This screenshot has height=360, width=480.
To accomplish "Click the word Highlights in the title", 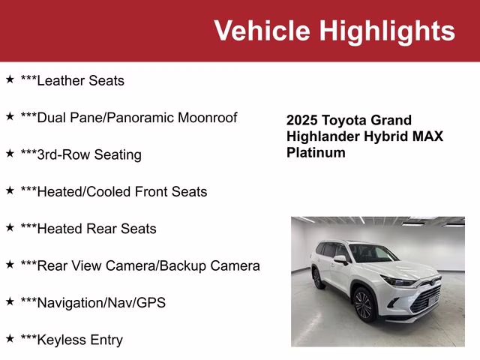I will [387, 31].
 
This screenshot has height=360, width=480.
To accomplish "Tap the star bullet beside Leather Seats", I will [10, 79].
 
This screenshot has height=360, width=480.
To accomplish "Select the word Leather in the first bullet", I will [61, 80].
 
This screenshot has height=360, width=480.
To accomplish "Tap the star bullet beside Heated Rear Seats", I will [10, 227].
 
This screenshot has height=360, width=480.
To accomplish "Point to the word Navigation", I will [72, 303].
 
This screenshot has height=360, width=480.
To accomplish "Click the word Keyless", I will [62, 340].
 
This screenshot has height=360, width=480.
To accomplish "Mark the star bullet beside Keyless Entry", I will [10, 338].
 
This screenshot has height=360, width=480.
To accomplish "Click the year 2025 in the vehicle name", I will [302, 120].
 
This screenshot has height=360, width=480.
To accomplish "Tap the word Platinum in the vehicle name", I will [316, 152].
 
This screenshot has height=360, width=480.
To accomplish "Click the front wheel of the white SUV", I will [363, 304].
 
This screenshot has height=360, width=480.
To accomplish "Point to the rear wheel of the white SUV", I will [318, 278].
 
